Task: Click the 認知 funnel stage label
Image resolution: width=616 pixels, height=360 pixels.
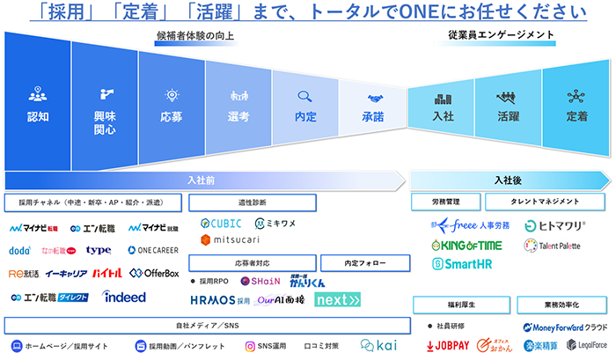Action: (x=38, y=116)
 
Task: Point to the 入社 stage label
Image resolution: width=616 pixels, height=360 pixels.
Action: (x=443, y=116)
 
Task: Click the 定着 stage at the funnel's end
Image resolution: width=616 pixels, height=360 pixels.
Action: (x=576, y=116)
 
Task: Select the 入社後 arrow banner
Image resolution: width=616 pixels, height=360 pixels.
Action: (x=509, y=180)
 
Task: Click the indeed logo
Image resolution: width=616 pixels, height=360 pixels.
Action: (x=124, y=297)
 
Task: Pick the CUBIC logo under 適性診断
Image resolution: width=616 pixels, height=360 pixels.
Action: (x=221, y=223)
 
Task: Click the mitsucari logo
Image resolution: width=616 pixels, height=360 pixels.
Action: (x=230, y=239)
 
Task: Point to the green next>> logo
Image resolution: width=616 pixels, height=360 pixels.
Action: (x=338, y=299)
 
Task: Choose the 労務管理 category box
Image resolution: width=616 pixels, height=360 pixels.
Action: (x=446, y=202)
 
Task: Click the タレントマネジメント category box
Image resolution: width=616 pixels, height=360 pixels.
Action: (x=545, y=202)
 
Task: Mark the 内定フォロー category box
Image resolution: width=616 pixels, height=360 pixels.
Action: (x=363, y=262)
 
